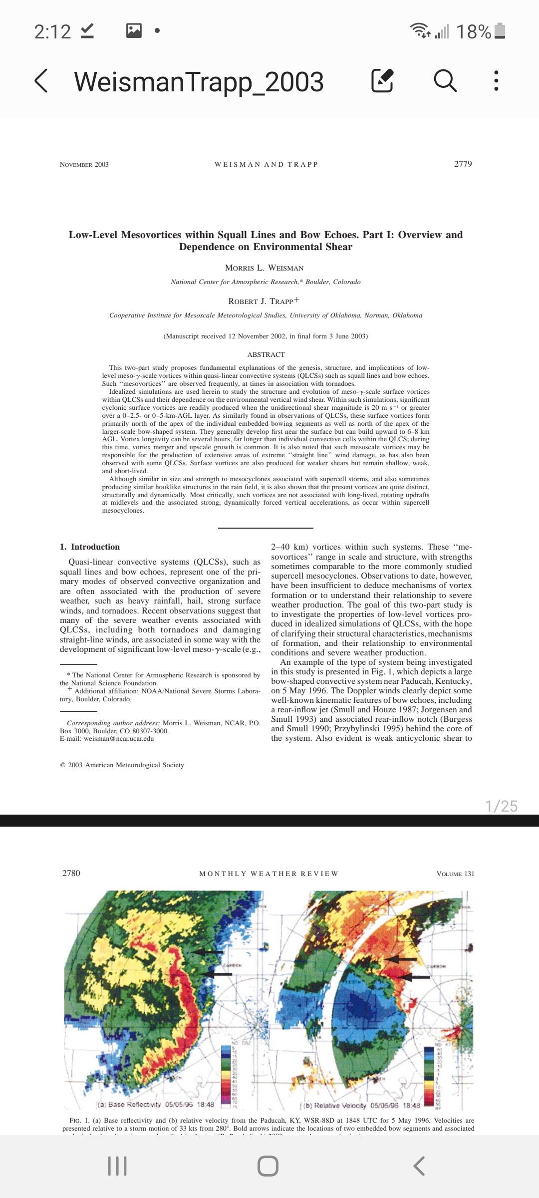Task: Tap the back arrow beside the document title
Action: point(41,81)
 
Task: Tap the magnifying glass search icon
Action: point(445,81)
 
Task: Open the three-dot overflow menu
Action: point(496,81)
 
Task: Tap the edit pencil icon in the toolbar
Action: point(383,81)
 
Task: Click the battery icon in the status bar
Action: point(501,31)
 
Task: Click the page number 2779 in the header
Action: point(463,164)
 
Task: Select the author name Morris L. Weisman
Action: point(264,268)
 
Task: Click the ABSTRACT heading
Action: point(266,354)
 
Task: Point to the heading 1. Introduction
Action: point(90,547)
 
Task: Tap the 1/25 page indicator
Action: point(501,806)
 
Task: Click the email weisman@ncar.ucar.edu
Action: point(119,739)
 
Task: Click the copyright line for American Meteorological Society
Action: point(122,765)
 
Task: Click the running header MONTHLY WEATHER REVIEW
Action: point(269,874)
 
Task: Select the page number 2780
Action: point(71,873)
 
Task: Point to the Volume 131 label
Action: point(455,874)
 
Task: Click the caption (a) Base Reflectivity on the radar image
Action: point(155,1105)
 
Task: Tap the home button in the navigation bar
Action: point(268,1166)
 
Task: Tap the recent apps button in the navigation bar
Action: point(117,1166)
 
